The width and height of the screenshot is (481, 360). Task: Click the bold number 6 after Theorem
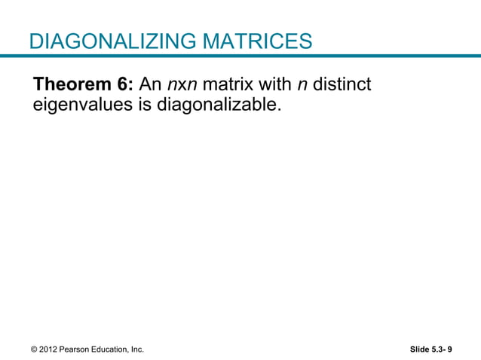pos(127,84)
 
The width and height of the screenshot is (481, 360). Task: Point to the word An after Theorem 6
pos(151,84)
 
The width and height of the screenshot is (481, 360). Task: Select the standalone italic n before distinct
pos(303,84)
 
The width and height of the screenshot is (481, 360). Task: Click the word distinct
pos(342,84)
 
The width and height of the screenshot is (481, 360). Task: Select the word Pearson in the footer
pos(75,349)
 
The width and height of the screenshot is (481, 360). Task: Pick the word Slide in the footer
pos(419,349)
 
